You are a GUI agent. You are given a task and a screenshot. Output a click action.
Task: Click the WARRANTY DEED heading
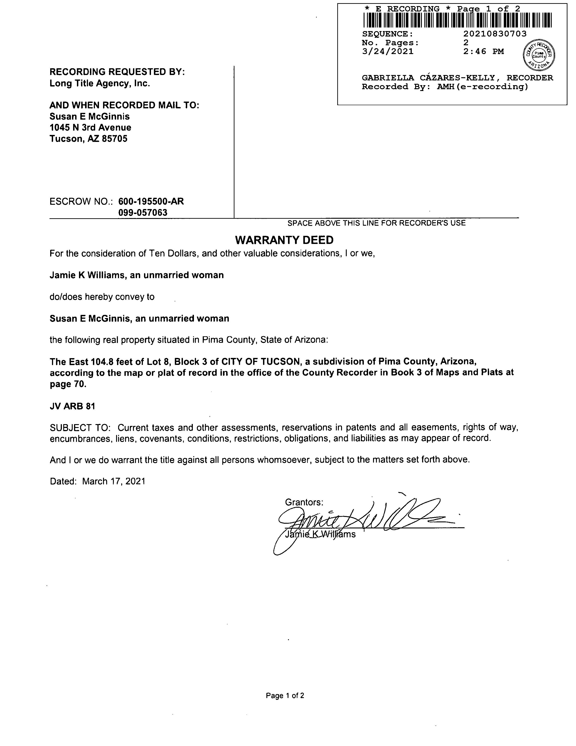[x=284, y=240]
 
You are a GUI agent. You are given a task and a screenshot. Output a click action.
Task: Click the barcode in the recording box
[x=457, y=20]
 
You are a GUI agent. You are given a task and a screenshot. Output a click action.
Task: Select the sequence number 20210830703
[x=495, y=34]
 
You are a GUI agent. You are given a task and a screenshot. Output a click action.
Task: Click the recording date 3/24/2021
[x=388, y=52]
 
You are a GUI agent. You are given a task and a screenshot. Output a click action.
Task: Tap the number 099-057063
[x=143, y=212]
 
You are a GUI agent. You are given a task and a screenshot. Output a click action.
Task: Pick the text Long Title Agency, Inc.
[x=100, y=83]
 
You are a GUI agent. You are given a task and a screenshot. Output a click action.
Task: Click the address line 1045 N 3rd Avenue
[x=90, y=127]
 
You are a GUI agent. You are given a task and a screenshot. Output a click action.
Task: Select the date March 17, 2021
[x=114, y=481]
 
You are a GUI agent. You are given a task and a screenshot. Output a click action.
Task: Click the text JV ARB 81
[x=72, y=406]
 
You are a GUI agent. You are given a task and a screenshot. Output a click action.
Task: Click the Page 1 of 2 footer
[x=285, y=696]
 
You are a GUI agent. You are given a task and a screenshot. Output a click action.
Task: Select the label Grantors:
[x=304, y=502]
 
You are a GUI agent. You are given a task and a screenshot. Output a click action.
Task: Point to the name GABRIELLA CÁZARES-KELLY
[x=428, y=78]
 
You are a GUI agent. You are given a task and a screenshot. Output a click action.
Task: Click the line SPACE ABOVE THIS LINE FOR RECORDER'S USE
[x=376, y=223]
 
